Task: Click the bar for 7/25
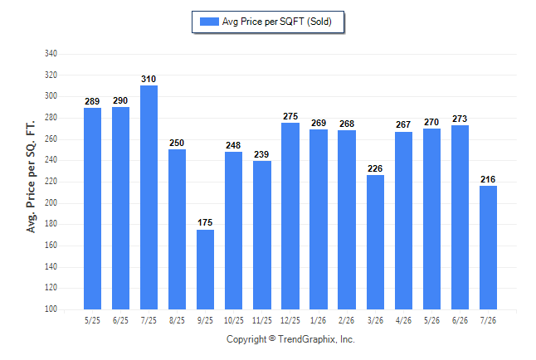pos(149,197)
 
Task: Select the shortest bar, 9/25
pos(205,270)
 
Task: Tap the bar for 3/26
pos(375,242)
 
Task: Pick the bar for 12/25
pos(290,216)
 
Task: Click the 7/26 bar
pos(488,247)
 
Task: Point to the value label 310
pos(149,79)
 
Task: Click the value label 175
pos(205,222)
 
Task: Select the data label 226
pos(375,168)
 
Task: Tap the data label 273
pos(460,119)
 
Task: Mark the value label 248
pos(233,145)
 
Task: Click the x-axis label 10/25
pos(234,320)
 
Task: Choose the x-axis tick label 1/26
pos(319,320)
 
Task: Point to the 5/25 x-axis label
pos(92,320)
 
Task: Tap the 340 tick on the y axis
pos(51,53)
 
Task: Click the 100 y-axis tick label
pos(51,309)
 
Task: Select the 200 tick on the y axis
pos(51,202)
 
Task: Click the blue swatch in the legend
pos(209,22)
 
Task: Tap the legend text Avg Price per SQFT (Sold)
pos(277,22)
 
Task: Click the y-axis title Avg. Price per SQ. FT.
pos(31,177)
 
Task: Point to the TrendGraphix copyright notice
pos(290,339)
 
